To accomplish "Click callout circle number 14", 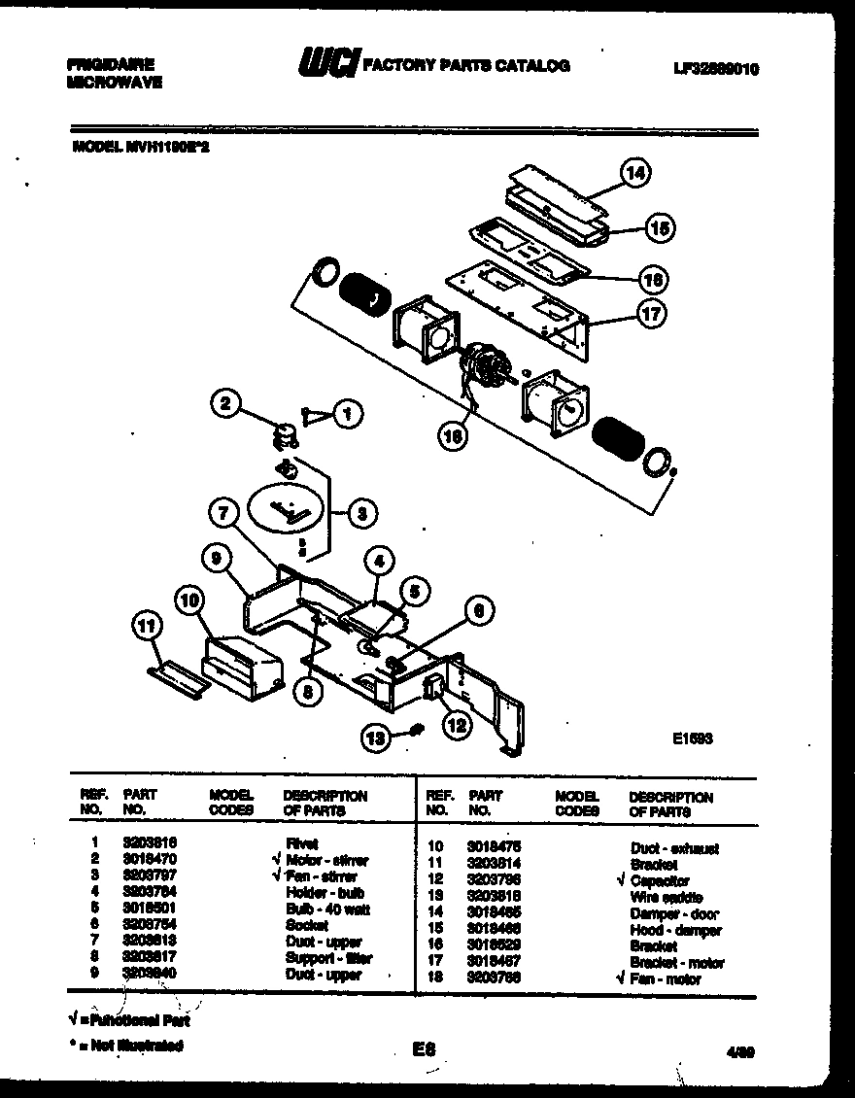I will (635, 175).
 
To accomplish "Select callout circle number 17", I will (649, 314).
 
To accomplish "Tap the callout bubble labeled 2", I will (225, 403).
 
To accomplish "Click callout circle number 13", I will (372, 738).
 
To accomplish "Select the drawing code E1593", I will (693, 738).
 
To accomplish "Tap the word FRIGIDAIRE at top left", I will (110, 65).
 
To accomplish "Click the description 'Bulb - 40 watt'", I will (327, 909).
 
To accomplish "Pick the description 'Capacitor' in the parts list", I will (660, 880).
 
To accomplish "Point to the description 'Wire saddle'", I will (666, 897).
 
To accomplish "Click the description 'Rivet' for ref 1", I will (301, 843).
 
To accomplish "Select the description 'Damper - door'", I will (674, 913).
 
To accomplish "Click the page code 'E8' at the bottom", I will (423, 1048).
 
